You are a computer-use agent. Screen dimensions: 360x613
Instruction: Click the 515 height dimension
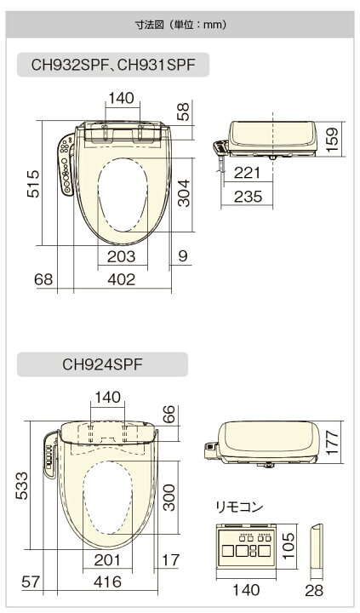coord(33,183)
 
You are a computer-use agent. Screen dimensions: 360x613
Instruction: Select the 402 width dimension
coord(121,279)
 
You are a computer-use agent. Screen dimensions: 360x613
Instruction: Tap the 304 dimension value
coord(183,192)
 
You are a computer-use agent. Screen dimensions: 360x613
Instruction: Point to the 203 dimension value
coord(121,256)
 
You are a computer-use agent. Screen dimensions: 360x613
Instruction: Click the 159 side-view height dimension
coord(332,139)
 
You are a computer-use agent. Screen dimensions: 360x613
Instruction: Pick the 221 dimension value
coord(247,172)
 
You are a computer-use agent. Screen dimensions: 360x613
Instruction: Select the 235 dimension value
coord(249,197)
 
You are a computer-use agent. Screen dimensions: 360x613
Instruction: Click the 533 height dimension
coord(21,485)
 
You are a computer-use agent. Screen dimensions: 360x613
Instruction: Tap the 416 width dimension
coord(107,581)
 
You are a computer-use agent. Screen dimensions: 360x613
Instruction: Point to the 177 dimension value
coord(332,442)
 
